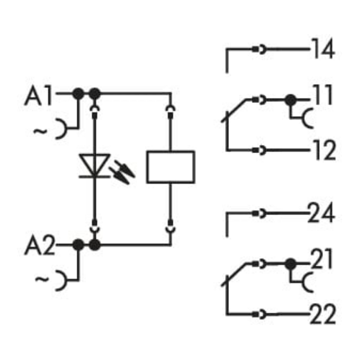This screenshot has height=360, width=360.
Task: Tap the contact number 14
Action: point(322,49)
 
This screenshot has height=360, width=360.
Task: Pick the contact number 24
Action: point(322,213)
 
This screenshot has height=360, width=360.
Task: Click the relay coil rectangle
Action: point(170,167)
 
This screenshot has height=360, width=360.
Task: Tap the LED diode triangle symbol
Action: point(95,165)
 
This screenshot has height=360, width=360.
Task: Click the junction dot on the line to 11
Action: point(290,100)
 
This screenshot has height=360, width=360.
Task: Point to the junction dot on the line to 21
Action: point(290,264)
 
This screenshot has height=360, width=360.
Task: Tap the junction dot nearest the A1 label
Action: point(78,93)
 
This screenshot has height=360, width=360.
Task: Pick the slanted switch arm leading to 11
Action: point(235,110)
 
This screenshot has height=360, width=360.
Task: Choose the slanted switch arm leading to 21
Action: point(235,274)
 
